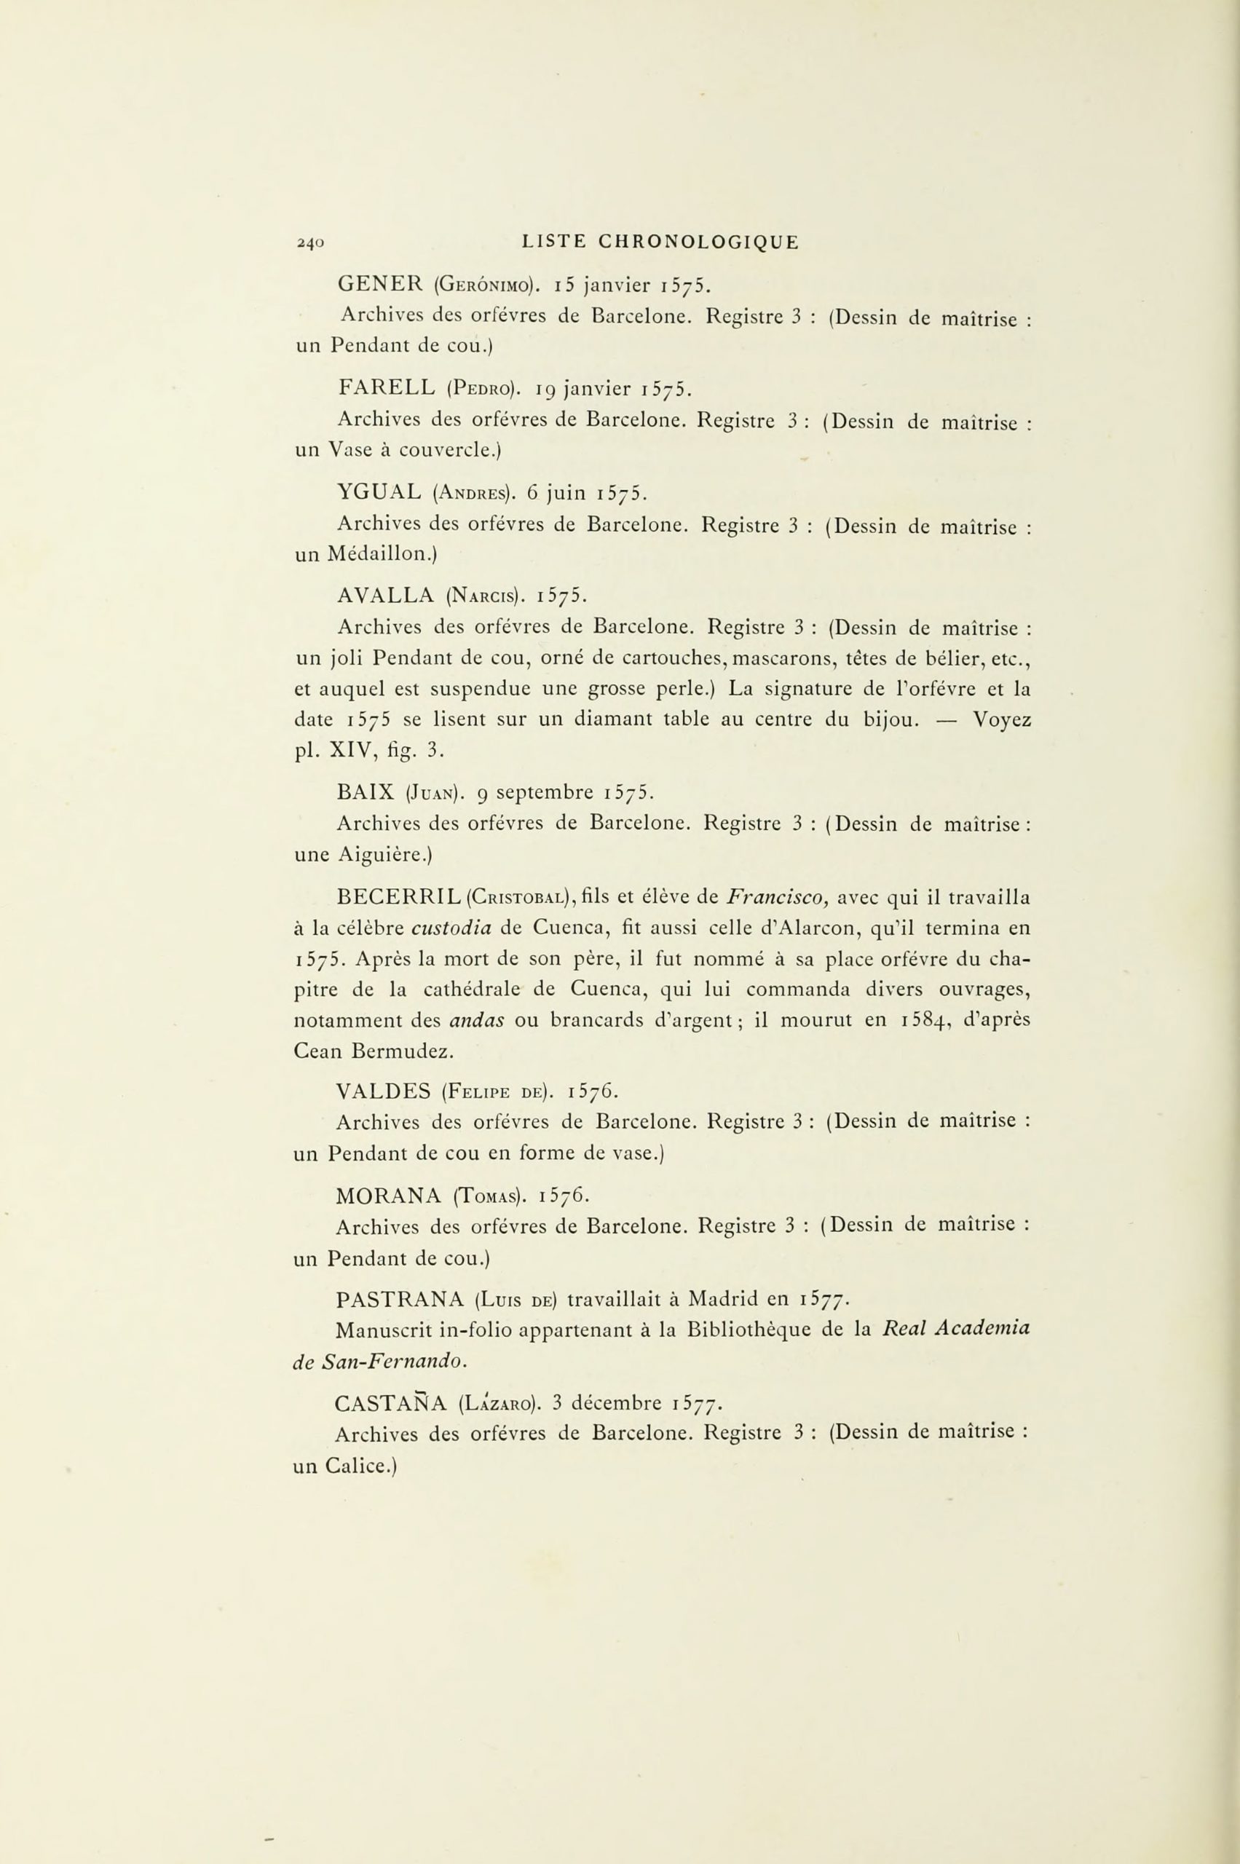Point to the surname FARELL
(x=386, y=387)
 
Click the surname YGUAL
(x=379, y=493)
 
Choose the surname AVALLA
(x=384, y=596)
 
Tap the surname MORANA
(x=387, y=1195)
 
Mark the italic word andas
(x=478, y=1020)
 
